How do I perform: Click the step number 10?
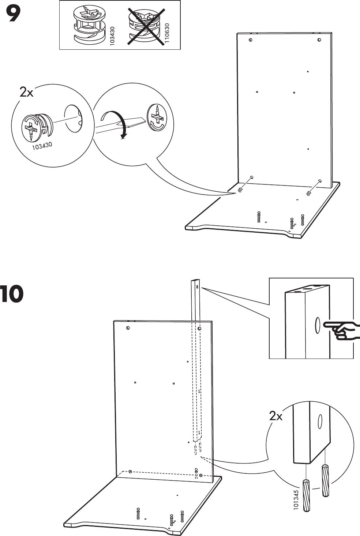click(x=12, y=295)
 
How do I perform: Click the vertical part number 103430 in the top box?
click(x=112, y=35)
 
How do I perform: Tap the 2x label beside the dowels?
click(x=275, y=416)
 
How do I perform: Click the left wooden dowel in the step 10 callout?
click(x=306, y=495)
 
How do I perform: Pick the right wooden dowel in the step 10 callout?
click(x=325, y=480)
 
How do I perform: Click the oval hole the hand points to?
click(x=317, y=325)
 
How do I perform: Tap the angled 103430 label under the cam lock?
click(x=42, y=146)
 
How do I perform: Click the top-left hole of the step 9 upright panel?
click(x=250, y=40)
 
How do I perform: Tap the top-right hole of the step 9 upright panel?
click(x=319, y=40)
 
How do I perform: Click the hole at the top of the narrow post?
click(x=197, y=287)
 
